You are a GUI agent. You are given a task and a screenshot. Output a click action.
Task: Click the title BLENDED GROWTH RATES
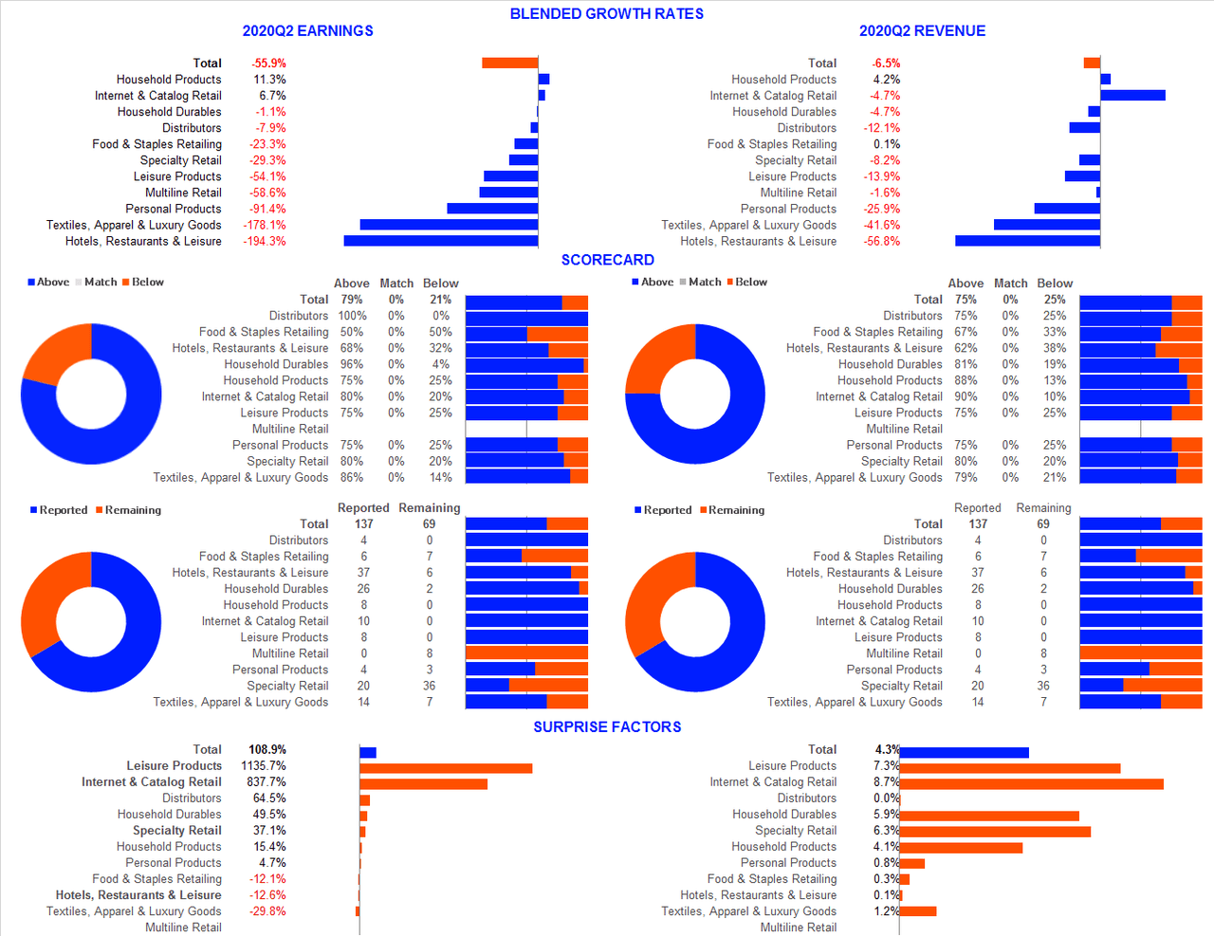point(606,13)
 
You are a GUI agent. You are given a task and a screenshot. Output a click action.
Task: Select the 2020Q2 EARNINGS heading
point(307,30)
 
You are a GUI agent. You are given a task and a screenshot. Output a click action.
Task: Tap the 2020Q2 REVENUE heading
point(922,30)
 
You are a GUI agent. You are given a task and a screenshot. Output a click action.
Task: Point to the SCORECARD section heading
point(607,260)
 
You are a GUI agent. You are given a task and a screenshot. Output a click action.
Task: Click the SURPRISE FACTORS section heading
point(607,726)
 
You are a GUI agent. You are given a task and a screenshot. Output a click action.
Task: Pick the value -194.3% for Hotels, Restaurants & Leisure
point(267,241)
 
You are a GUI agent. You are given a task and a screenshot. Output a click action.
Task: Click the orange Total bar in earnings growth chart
point(509,63)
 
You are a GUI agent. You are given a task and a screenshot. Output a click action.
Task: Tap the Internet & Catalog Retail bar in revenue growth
point(1132,95)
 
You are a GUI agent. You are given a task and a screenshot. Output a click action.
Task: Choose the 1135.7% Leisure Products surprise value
point(264,765)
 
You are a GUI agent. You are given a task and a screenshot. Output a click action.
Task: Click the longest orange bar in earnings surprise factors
point(446,768)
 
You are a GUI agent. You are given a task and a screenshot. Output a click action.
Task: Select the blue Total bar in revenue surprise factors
point(964,752)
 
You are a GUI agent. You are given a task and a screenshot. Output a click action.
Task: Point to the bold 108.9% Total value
point(267,749)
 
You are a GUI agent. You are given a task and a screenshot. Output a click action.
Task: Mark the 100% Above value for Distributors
point(352,316)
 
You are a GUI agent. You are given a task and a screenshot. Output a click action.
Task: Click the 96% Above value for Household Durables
point(352,364)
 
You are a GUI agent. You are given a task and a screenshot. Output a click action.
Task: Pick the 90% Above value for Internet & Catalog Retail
point(966,396)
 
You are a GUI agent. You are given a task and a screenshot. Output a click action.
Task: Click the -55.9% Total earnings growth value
point(268,64)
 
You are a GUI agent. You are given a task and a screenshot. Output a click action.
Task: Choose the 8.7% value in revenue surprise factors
point(886,781)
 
